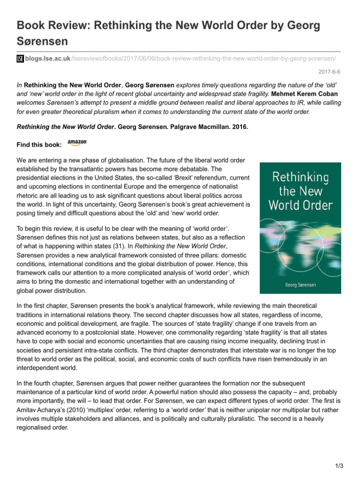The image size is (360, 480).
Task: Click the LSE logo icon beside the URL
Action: click(20, 58)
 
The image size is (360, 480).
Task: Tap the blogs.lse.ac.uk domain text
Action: click(41, 58)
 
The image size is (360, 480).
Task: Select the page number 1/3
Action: click(340, 466)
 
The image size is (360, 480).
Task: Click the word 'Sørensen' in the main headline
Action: click(42, 41)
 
